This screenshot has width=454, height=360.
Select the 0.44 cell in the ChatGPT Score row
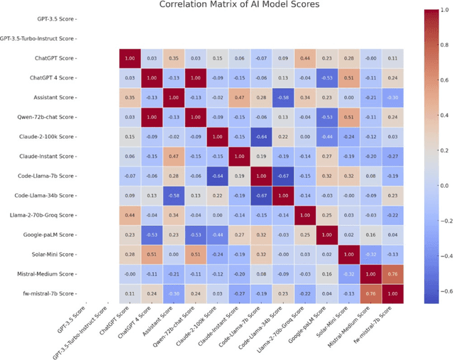pos(306,57)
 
